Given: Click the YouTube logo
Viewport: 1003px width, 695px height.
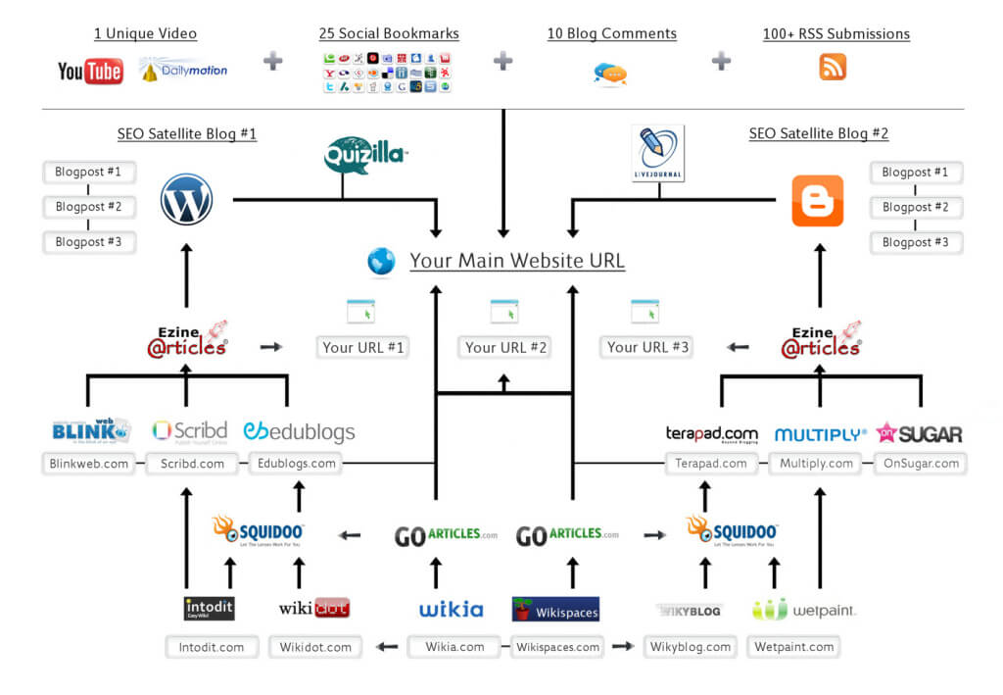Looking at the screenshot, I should [x=90, y=71].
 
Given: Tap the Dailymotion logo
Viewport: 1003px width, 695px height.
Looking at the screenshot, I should [x=183, y=70].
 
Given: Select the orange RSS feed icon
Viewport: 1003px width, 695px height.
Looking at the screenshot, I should [x=833, y=67].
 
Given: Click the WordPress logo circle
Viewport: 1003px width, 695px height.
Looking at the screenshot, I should [x=186, y=199].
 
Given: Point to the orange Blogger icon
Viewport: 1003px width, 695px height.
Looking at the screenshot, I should [x=817, y=201].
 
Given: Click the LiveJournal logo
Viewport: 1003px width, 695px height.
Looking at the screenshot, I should [x=658, y=153].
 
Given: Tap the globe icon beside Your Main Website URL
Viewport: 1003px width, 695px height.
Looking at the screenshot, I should [x=381, y=261].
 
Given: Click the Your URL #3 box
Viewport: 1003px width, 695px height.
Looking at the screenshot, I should [x=648, y=347].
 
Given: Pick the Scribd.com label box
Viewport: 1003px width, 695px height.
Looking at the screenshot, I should [x=192, y=464].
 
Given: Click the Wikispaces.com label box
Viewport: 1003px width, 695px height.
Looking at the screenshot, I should [x=557, y=647].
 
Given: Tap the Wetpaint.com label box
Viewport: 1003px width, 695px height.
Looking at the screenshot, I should [x=793, y=647].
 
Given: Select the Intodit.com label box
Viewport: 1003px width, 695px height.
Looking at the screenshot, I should [x=212, y=647].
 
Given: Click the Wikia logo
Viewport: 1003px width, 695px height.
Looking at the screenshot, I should [x=451, y=610].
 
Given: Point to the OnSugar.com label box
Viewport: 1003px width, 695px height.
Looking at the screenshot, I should [x=920, y=464].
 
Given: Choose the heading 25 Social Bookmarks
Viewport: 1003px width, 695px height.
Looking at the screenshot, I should [x=389, y=33].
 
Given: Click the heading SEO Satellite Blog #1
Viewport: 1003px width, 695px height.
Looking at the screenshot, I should [x=186, y=133].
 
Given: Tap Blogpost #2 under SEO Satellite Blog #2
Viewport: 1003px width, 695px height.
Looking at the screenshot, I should [x=915, y=207].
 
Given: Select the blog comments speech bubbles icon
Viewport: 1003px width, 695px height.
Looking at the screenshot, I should [x=610, y=74].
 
